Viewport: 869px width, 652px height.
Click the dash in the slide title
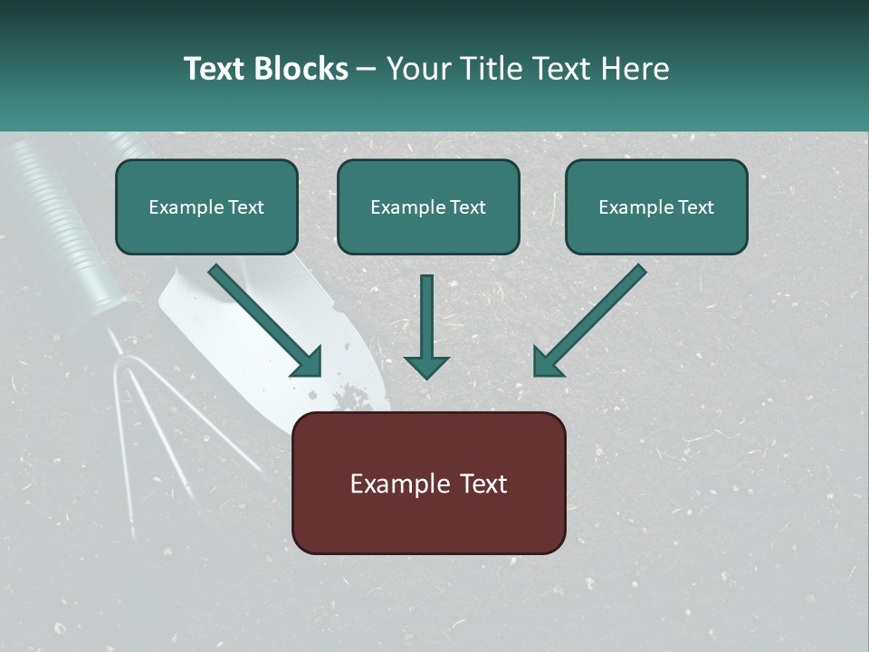pyautogui.click(x=367, y=70)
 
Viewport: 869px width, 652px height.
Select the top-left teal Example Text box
pyautogui.click(x=206, y=207)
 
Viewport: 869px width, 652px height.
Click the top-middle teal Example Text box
pyautogui.click(x=428, y=207)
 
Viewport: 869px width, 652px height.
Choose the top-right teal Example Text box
pyautogui.click(x=656, y=207)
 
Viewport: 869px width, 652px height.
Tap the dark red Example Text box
pyautogui.click(x=428, y=484)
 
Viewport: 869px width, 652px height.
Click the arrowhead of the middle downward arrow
pyautogui.click(x=426, y=366)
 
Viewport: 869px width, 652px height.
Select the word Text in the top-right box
pyautogui.click(x=695, y=207)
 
